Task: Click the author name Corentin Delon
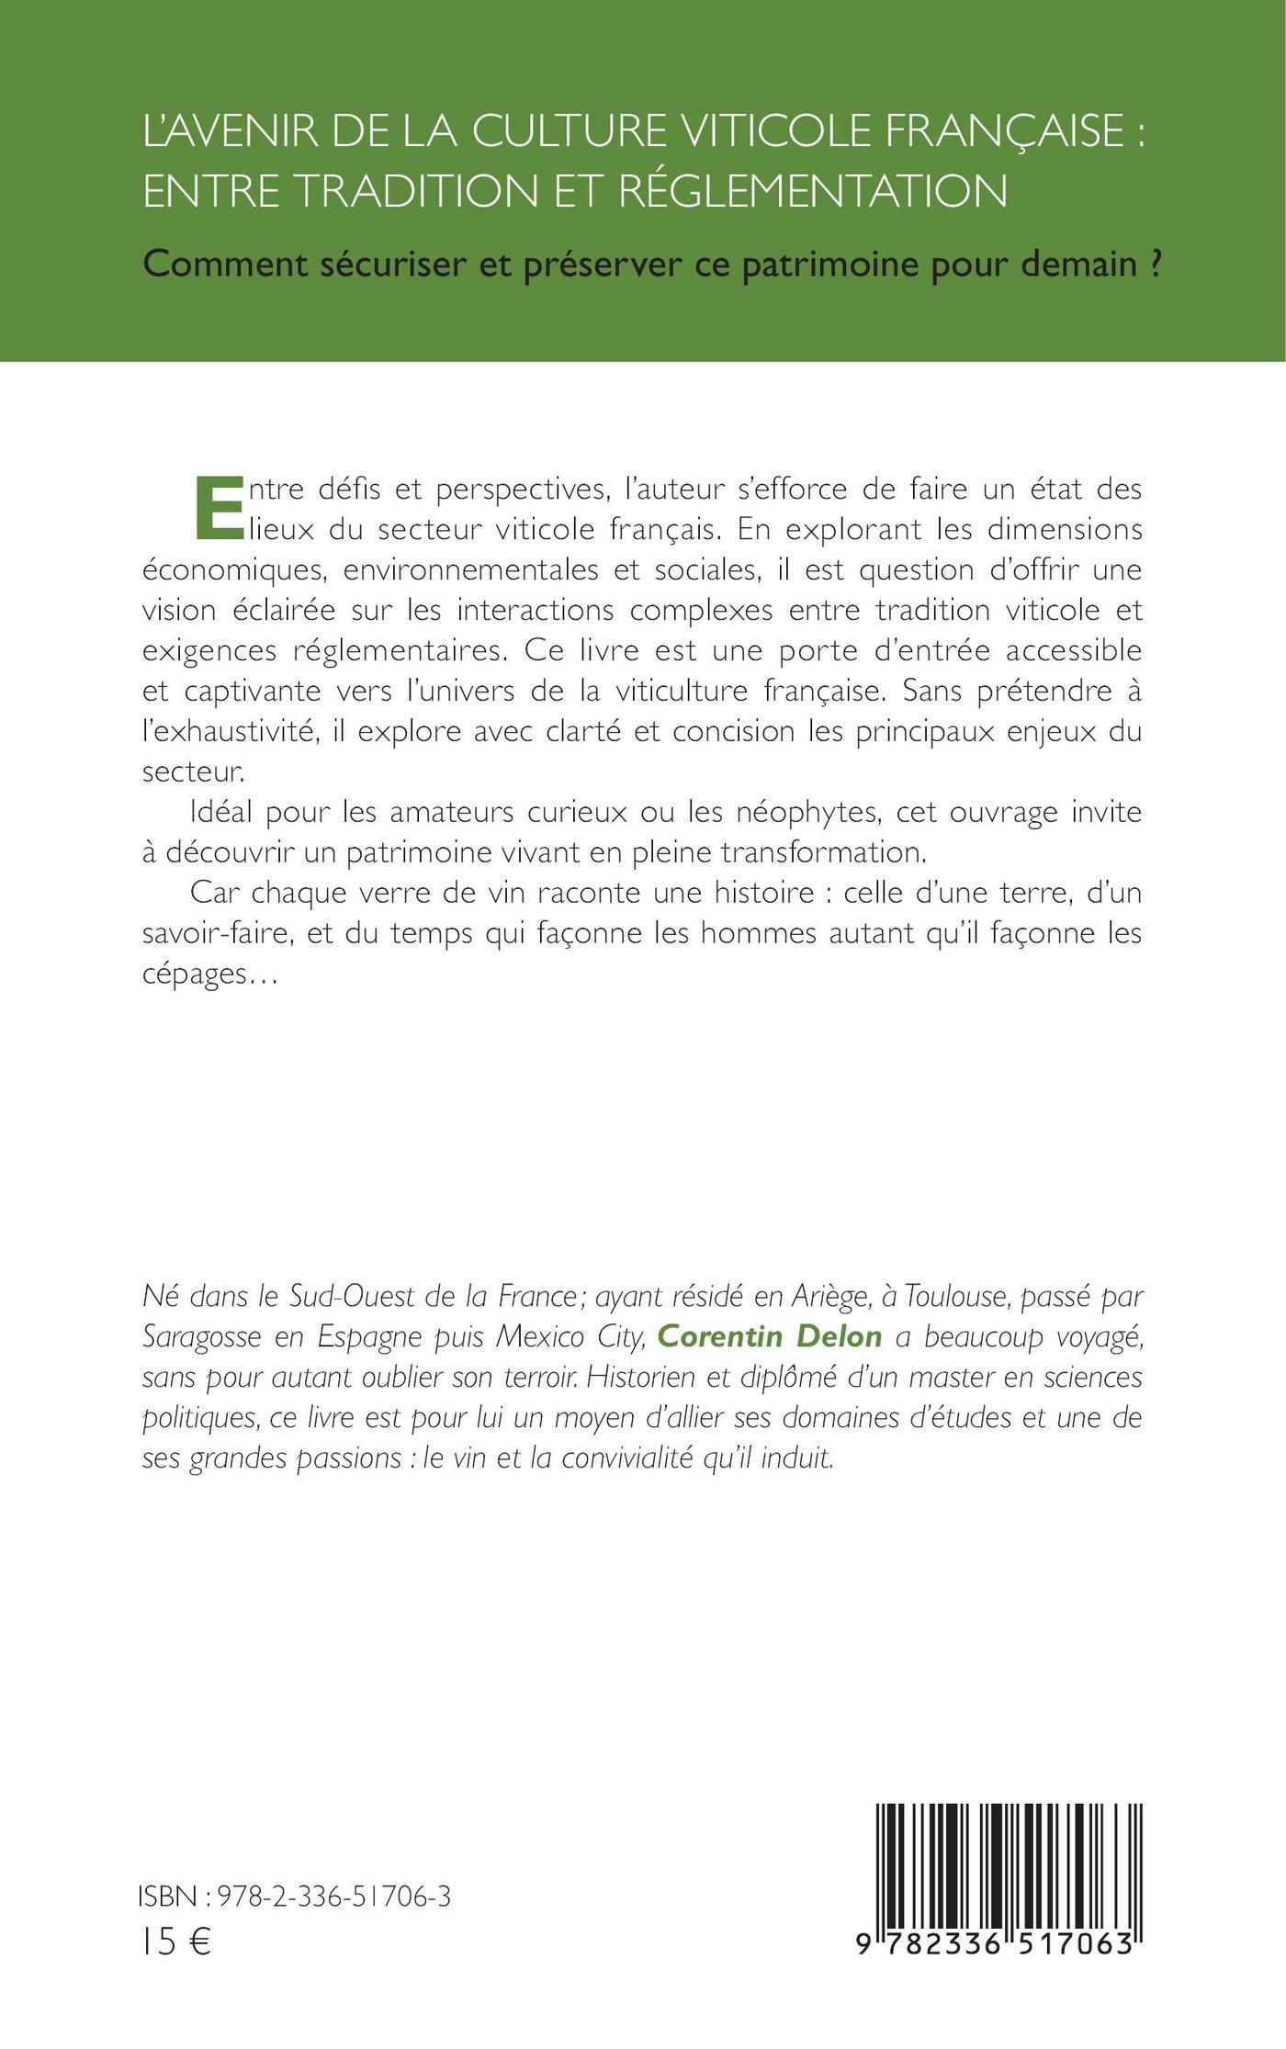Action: point(770,1337)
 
